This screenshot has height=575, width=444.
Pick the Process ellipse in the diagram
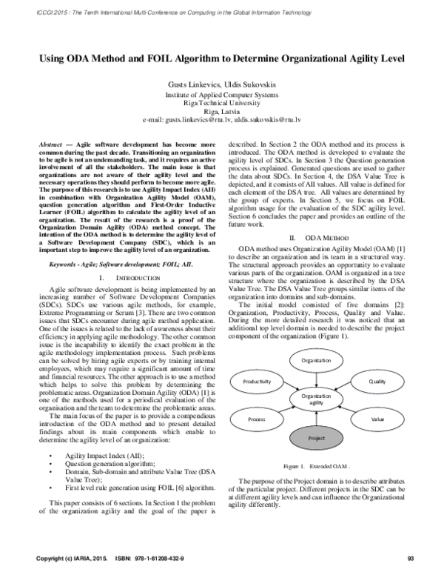pyautogui.click(x=257, y=419)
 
